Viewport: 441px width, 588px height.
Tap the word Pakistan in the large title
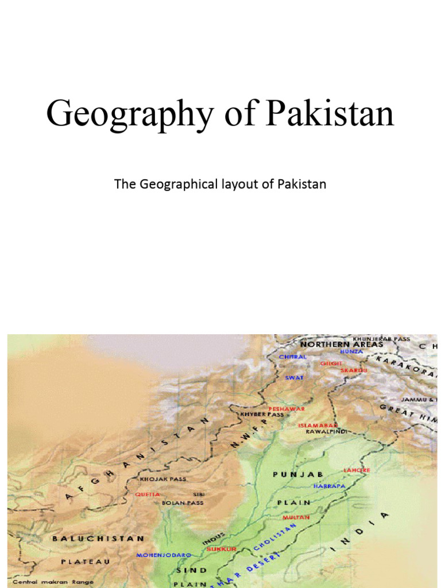(x=330, y=114)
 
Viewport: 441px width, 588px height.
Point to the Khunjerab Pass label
(x=381, y=339)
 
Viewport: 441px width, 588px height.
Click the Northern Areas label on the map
(x=342, y=345)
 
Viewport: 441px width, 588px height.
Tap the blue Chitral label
(x=293, y=357)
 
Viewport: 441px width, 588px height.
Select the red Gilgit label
(x=331, y=363)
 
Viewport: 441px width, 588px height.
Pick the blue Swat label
(x=294, y=377)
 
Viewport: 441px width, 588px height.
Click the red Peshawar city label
(x=287, y=408)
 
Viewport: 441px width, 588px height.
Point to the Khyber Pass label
(x=262, y=414)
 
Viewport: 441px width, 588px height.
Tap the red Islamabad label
(x=317, y=425)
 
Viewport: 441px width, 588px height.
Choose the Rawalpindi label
(x=326, y=431)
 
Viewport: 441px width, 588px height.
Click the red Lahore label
(x=357, y=470)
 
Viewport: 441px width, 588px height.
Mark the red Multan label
(x=296, y=517)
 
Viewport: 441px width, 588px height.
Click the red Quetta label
(x=148, y=494)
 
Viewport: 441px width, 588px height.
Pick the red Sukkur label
(x=222, y=549)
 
